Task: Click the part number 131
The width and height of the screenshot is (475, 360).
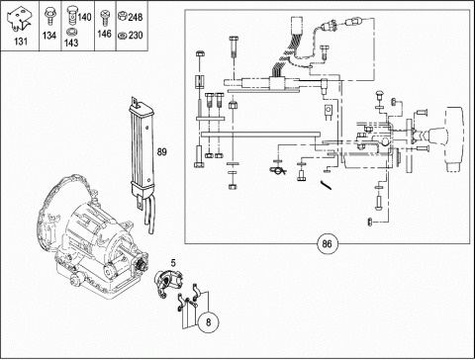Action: [21, 42]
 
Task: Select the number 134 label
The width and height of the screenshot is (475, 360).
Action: [49, 36]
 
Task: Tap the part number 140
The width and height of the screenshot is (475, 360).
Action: [85, 17]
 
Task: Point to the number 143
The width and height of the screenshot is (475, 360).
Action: [71, 43]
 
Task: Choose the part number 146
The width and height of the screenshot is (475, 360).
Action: [104, 34]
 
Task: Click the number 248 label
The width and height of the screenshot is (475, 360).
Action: [136, 17]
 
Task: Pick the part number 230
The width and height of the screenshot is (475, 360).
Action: [136, 35]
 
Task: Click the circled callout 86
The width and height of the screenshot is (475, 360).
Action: [327, 244]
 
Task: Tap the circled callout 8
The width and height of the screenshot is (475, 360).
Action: [208, 321]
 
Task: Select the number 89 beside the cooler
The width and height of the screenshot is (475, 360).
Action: [162, 152]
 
